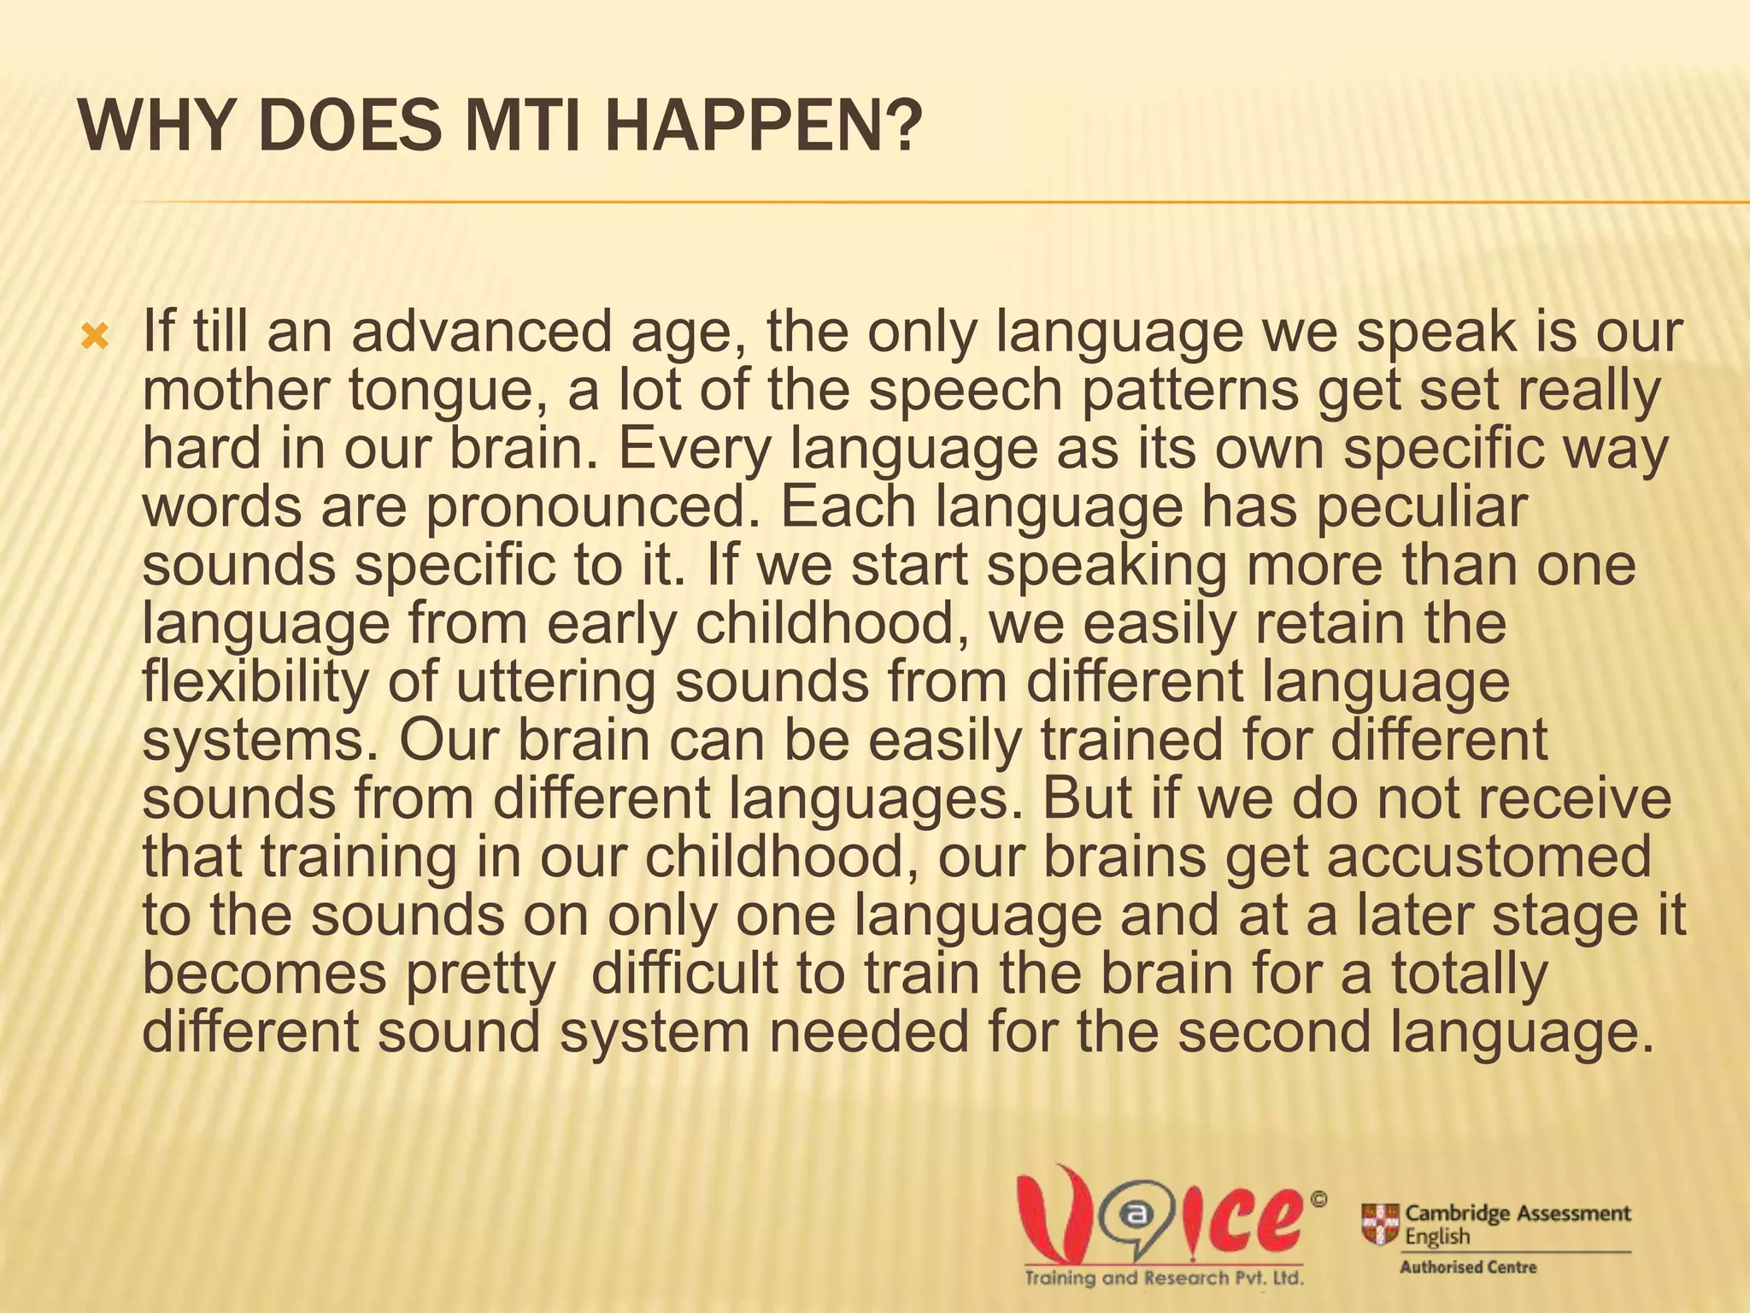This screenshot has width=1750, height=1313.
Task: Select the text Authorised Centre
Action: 1468,1268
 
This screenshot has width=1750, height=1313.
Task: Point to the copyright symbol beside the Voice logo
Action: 1318,1200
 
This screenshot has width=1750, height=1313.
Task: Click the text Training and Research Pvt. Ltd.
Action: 1164,1279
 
